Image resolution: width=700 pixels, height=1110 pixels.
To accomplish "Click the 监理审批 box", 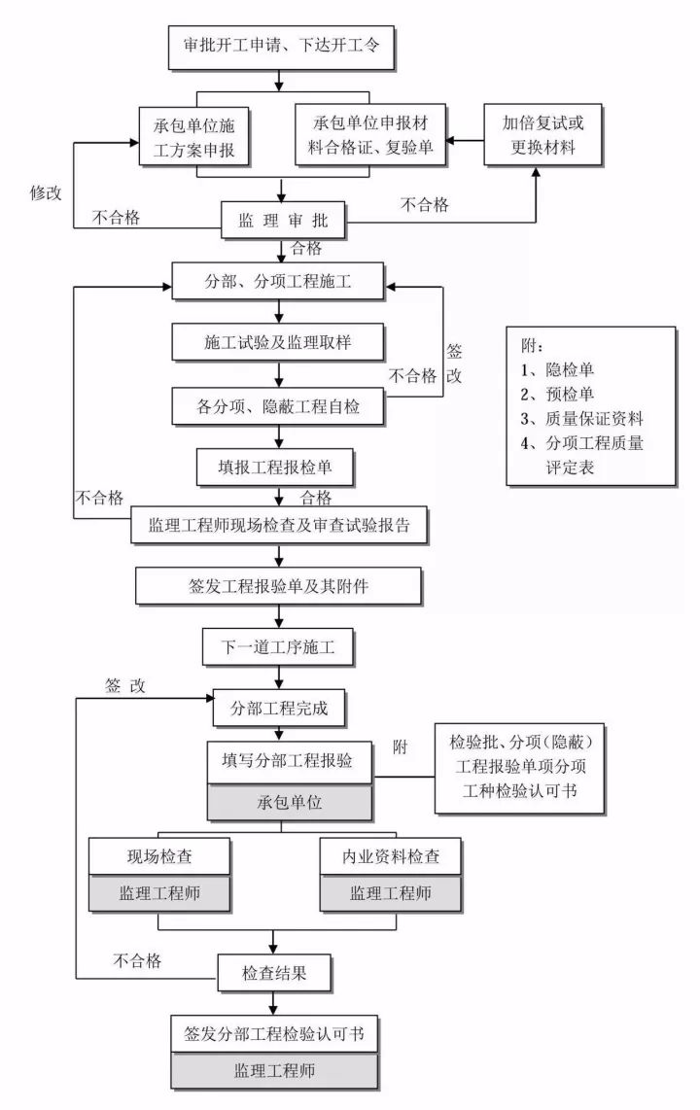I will coord(281,221).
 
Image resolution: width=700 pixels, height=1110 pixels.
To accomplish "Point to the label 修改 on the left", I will coord(46,192).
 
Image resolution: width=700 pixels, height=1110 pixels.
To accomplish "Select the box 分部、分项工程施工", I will coord(279,284).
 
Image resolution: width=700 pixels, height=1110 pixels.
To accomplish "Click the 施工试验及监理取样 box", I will coord(280,343).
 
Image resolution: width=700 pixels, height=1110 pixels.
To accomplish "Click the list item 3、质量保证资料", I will coord(581,419).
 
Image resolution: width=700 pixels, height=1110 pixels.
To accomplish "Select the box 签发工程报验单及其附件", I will coord(279,586).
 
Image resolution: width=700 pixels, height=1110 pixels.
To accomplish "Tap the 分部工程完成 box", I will coord(280,709).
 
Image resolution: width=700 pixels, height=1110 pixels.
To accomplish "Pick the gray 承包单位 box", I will coord(290,804).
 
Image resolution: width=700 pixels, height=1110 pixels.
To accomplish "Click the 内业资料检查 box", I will coord(390,857).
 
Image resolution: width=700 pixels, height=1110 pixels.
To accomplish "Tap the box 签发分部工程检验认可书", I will coord(274,1032).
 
